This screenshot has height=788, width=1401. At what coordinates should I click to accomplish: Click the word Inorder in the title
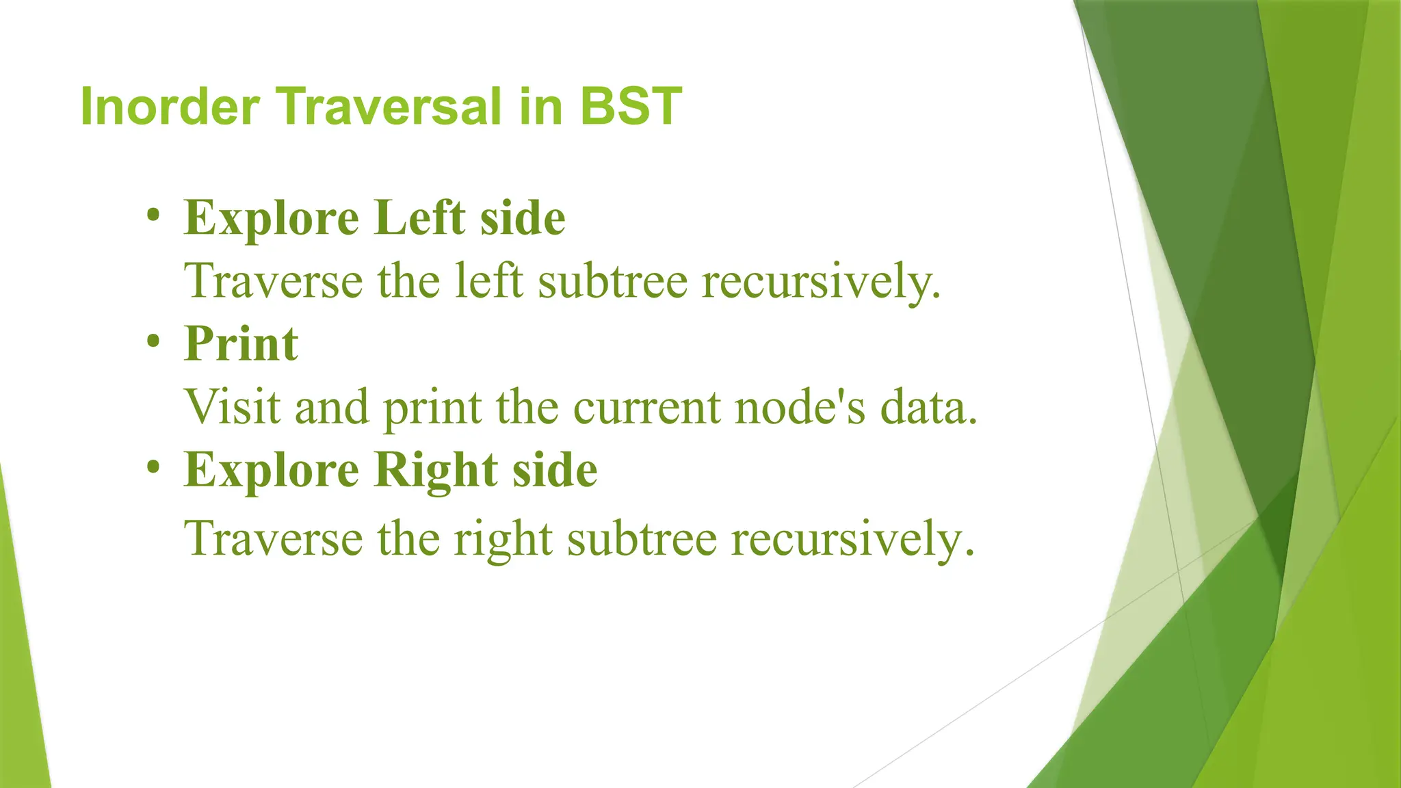pyautogui.click(x=170, y=107)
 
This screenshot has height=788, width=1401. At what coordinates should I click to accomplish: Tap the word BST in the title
pyautogui.click(x=631, y=107)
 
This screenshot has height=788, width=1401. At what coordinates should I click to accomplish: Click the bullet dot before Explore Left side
pyautogui.click(x=153, y=216)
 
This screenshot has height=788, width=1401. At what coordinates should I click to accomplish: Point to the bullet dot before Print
pyautogui.click(x=153, y=341)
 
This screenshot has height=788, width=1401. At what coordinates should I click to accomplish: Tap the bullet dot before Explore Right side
pyautogui.click(x=153, y=468)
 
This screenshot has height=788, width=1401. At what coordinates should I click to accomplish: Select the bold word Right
pyautogui.click(x=436, y=471)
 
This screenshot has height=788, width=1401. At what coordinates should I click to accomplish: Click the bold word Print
pyautogui.click(x=241, y=343)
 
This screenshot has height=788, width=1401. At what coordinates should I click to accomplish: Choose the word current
pyautogui.click(x=646, y=408)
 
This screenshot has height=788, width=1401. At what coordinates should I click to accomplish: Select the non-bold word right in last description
pyautogui.click(x=503, y=539)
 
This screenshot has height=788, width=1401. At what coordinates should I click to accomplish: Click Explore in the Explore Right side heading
pyautogui.click(x=271, y=471)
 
